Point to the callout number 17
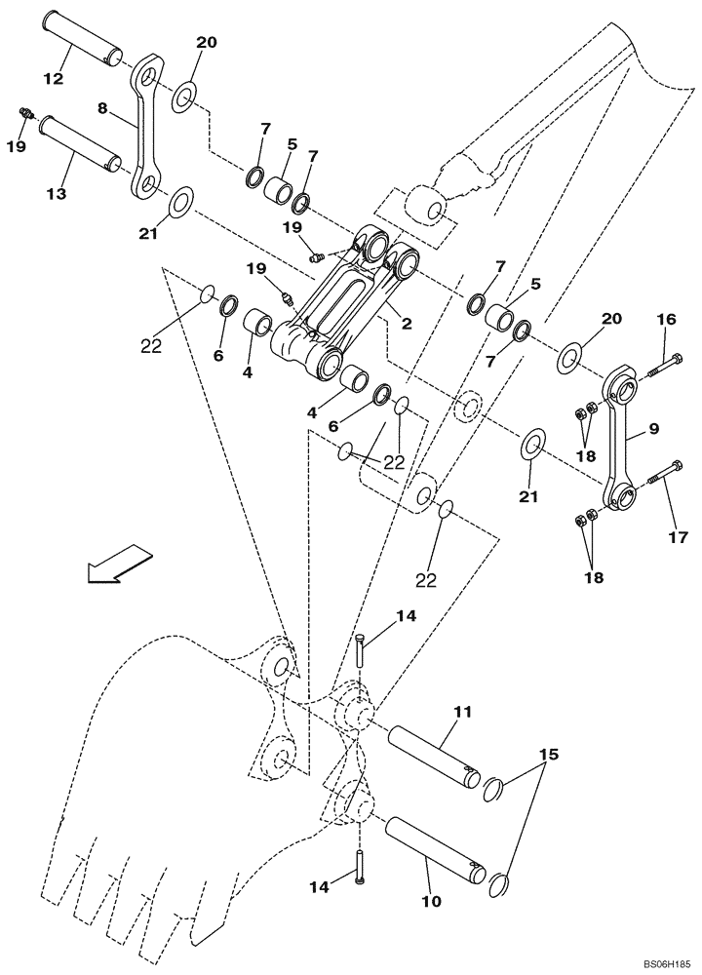click(x=678, y=536)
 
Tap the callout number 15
click(x=549, y=755)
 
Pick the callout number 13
click(x=56, y=194)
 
